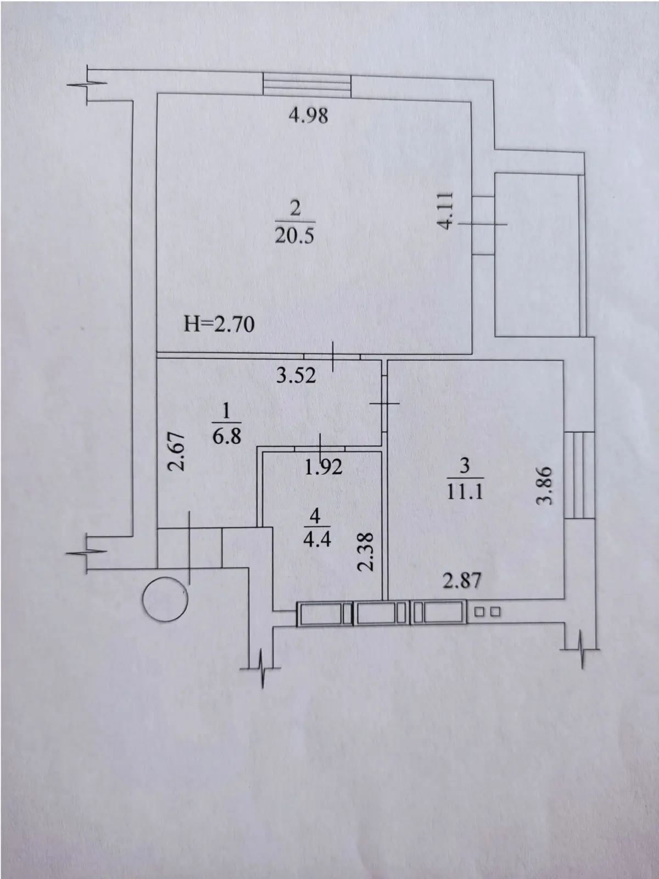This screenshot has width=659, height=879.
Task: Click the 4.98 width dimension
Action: click(308, 116)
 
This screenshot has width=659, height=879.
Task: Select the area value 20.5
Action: click(295, 236)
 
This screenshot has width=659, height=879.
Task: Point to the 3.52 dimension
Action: click(297, 376)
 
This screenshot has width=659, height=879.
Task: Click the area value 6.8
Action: click(227, 436)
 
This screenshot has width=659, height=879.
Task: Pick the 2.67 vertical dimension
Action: click(176, 451)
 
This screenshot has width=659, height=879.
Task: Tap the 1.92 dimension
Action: click(323, 467)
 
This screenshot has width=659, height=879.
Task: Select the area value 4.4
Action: click(317, 540)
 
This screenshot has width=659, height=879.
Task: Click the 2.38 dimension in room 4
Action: click(365, 552)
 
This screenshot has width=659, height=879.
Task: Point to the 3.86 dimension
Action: click(546, 485)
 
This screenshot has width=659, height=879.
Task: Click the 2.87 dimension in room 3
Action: click(462, 580)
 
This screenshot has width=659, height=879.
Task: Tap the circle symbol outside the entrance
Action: click(165, 599)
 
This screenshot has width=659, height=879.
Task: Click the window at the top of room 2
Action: click(306, 85)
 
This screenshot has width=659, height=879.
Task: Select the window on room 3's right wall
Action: click(579, 475)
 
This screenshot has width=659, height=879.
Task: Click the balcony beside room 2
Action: click(540, 255)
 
